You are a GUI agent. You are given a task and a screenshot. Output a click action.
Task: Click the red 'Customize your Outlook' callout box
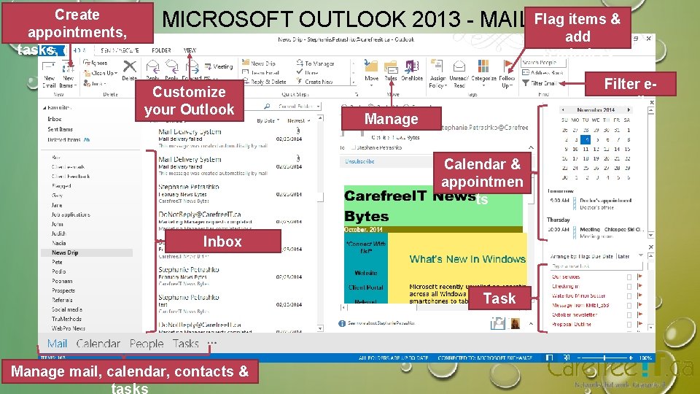189,101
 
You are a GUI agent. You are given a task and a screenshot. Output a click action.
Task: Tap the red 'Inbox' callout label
222,242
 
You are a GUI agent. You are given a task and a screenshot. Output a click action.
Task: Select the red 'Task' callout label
499,298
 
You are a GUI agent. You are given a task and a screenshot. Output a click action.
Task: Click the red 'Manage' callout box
392,119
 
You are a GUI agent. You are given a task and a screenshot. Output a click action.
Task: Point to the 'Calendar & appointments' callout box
483,173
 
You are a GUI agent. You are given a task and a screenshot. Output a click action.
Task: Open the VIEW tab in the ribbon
190,50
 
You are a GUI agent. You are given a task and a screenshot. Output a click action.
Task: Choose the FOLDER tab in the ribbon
162,50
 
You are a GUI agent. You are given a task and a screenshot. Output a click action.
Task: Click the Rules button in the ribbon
391,69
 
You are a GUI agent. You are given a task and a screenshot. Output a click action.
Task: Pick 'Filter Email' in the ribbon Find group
544,83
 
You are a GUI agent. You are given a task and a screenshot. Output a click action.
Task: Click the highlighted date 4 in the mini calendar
587,139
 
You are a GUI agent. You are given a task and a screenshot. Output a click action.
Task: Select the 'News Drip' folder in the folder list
65,252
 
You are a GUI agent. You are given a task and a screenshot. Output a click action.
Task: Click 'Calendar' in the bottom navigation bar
98,344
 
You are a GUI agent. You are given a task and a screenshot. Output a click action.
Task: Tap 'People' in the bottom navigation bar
147,344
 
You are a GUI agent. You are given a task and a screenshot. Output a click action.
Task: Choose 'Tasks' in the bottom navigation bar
185,344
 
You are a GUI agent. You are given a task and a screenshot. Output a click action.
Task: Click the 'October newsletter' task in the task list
573,314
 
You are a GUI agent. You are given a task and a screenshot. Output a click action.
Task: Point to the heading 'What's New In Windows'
467,259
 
